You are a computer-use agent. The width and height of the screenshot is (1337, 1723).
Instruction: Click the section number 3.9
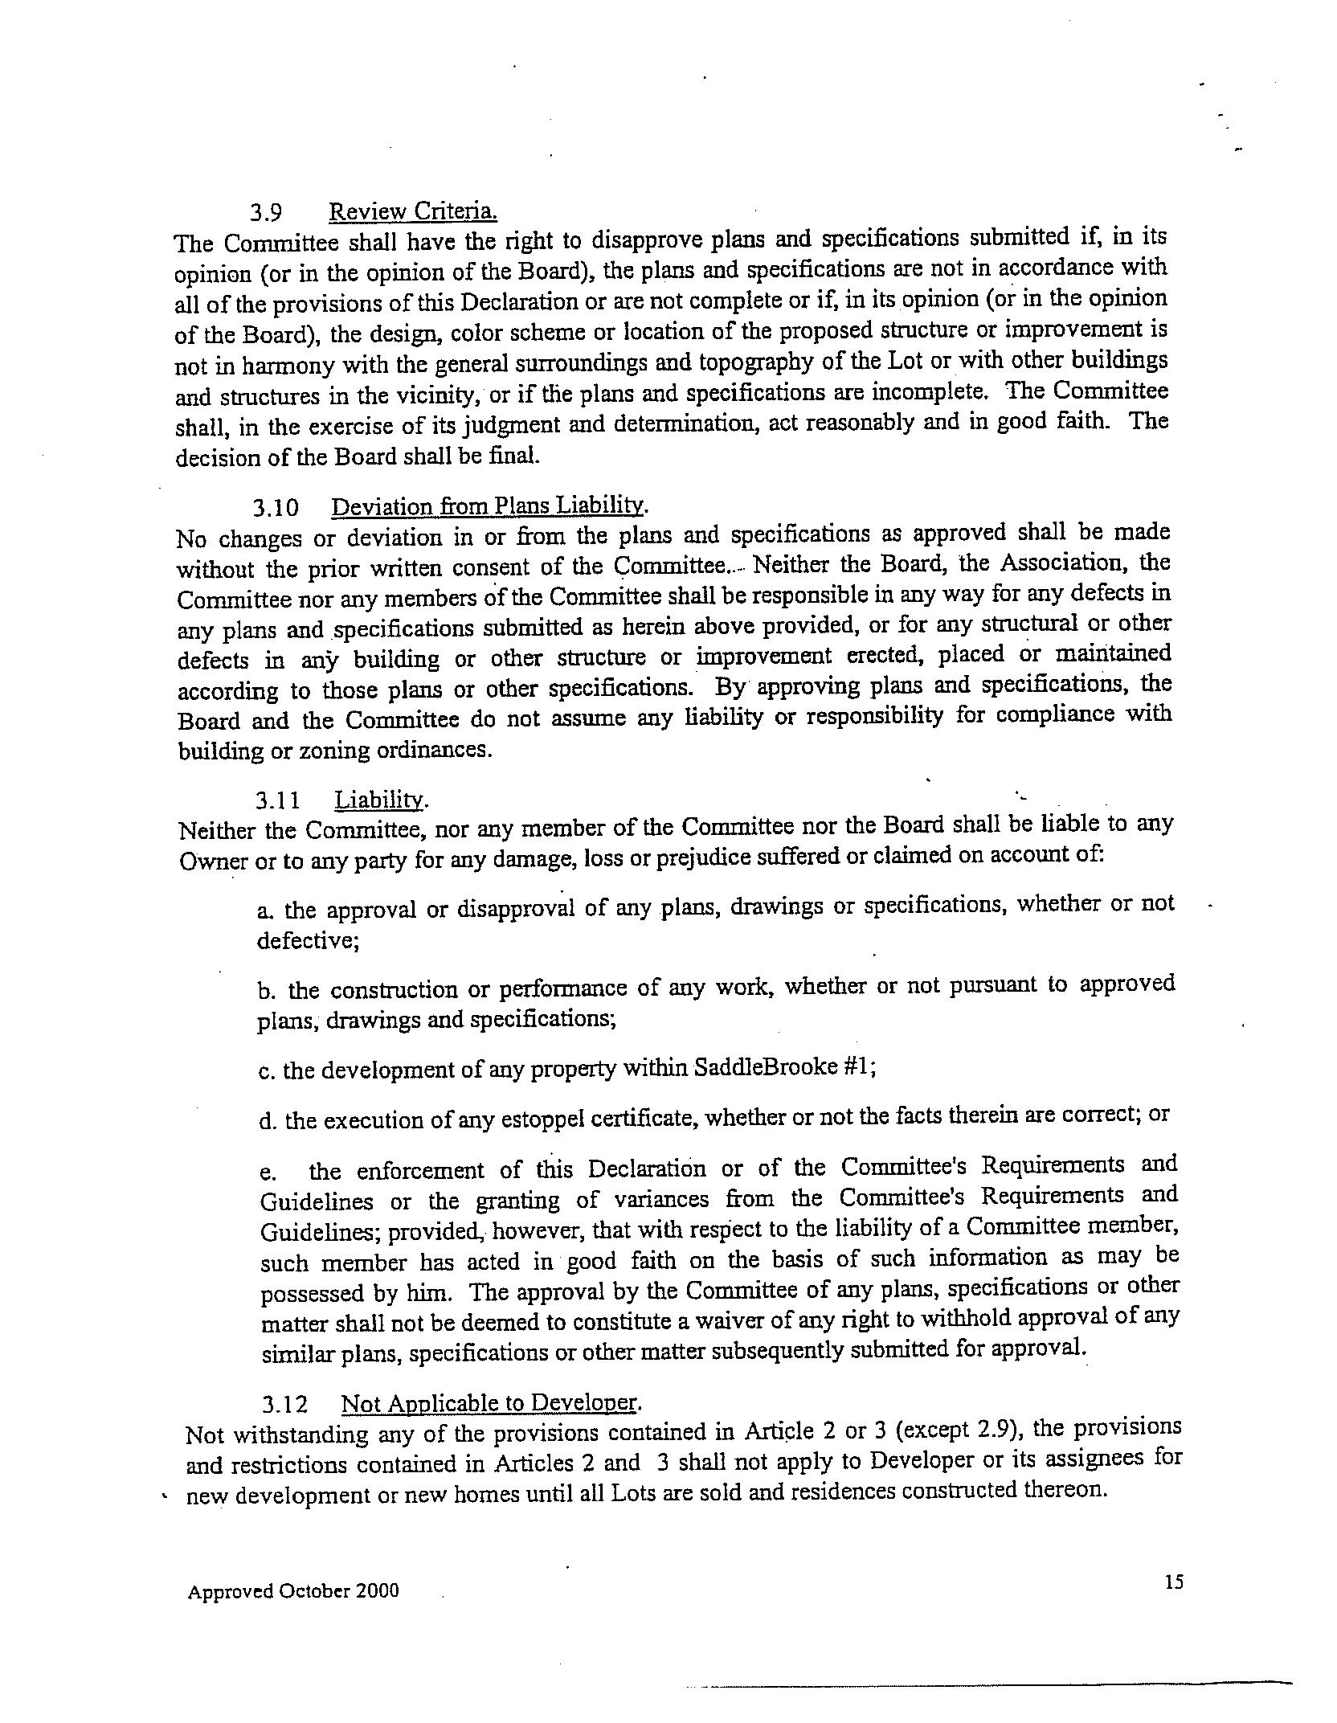(265, 213)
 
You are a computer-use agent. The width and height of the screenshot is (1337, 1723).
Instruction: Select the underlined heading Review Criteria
(413, 211)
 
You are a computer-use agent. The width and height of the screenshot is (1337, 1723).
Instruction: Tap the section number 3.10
(276, 508)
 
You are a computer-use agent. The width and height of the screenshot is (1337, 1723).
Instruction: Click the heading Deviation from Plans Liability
(489, 506)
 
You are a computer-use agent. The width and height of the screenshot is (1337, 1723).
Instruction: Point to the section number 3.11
(278, 800)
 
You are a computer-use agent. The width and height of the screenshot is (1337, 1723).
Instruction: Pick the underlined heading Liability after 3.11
(381, 800)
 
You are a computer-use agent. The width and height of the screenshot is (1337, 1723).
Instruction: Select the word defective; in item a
(308, 940)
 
